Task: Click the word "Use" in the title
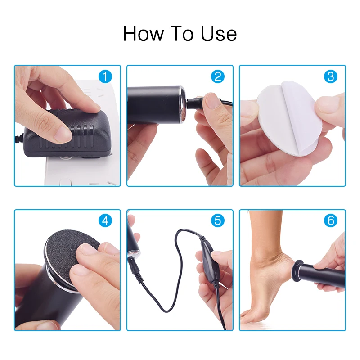coord(219,34)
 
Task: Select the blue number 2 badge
coord(217,76)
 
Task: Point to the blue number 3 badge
coord(330,76)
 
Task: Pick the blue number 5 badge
coord(217,220)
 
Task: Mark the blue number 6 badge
coord(330,220)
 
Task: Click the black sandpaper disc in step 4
coord(67,252)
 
